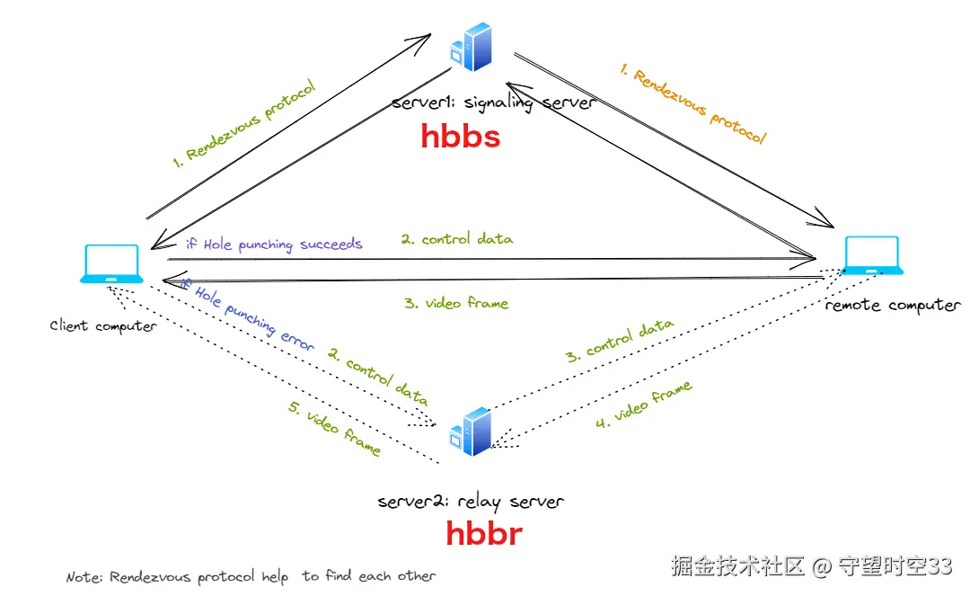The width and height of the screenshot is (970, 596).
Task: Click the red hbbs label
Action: pos(460,136)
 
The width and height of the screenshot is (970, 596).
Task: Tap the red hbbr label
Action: pos(484,533)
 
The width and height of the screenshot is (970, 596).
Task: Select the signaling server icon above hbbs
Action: pos(472,47)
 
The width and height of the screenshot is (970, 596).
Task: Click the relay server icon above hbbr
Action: pos(471,431)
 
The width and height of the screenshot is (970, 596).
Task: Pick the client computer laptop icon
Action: pos(111,264)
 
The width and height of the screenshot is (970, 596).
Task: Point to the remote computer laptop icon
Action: pos(872,255)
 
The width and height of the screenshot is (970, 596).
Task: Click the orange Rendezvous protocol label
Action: pos(693,104)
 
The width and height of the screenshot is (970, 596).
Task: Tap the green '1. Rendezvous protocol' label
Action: pos(243,124)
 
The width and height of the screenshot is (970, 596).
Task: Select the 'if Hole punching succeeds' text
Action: pos(274,244)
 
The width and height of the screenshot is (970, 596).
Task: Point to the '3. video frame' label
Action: pos(456,303)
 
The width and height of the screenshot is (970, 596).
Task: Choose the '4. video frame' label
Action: pos(643,405)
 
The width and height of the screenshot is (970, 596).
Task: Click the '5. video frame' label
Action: pos(334,428)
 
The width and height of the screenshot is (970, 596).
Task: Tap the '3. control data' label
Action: pos(619,341)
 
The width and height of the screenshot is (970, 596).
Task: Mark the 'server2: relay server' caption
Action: pos(471,502)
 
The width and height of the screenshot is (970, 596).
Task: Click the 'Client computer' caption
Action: pos(103,325)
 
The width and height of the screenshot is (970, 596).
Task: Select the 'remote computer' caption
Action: pos(893,305)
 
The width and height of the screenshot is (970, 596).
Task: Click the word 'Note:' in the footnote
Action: pos(84,577)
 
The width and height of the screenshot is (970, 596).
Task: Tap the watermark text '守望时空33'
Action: pos(895,565)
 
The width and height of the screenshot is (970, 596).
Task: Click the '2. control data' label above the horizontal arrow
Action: pos(456,239)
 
